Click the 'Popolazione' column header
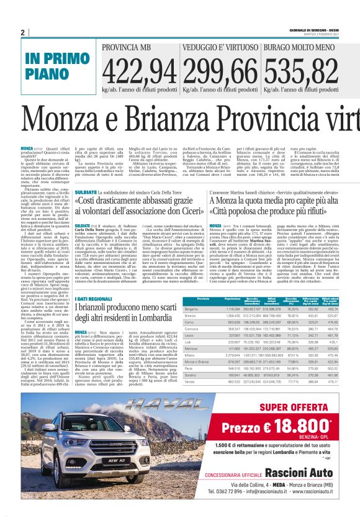[x=232, y=299]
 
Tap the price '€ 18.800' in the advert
[x=304, y=428]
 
